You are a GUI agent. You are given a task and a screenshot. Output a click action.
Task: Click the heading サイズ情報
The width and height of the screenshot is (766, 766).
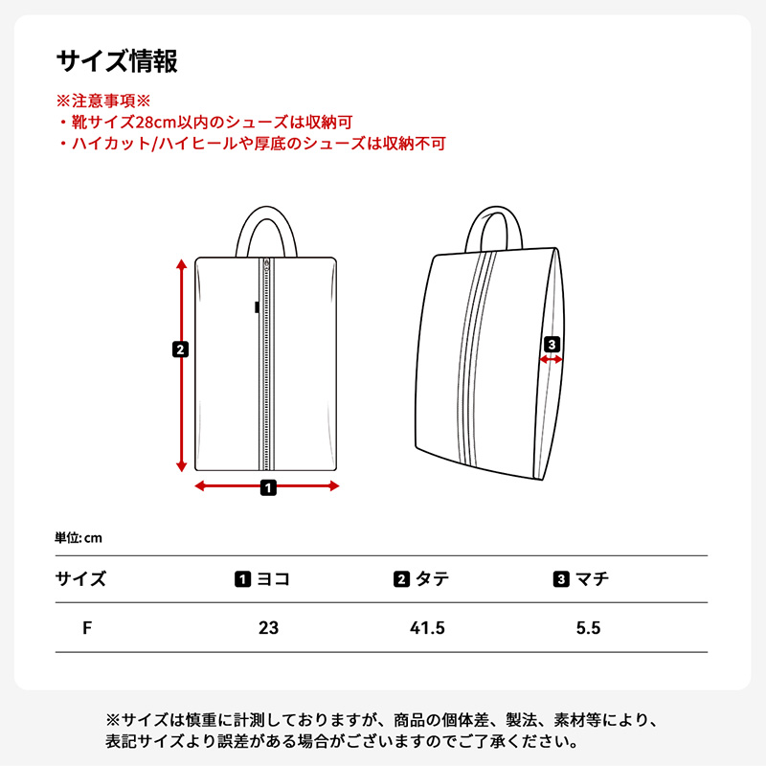point(117,61)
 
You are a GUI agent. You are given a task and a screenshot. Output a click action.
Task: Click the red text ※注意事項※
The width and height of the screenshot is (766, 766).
point(103,101)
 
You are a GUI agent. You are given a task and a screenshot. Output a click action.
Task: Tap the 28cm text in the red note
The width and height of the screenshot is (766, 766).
point(156,123)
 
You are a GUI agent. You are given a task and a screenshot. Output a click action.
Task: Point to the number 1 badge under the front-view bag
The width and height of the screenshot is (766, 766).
point(268,487)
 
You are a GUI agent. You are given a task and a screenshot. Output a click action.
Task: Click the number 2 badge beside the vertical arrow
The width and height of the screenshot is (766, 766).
point(180,349)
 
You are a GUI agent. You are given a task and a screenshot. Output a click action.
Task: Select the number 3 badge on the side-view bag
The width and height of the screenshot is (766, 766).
point(552,345)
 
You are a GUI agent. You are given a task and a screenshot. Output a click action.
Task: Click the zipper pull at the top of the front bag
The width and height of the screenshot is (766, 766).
point(266,265)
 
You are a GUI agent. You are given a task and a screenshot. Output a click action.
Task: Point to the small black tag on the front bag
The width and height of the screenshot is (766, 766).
point(257,307)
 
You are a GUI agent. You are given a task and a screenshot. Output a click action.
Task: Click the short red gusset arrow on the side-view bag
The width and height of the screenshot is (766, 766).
point(552,360)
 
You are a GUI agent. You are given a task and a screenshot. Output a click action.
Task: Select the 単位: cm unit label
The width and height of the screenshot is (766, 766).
point(79,538)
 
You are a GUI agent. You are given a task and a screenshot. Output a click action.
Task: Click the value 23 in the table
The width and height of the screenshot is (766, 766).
point(269,628)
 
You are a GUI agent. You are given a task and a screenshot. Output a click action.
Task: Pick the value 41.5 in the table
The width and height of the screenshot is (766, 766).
point(427,628)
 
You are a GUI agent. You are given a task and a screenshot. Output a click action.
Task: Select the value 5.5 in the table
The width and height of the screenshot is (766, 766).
point(588,628)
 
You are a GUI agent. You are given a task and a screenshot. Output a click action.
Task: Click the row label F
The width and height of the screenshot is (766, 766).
point(87,628)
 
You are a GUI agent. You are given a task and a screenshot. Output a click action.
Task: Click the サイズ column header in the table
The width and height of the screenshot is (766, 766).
point(80,579)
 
